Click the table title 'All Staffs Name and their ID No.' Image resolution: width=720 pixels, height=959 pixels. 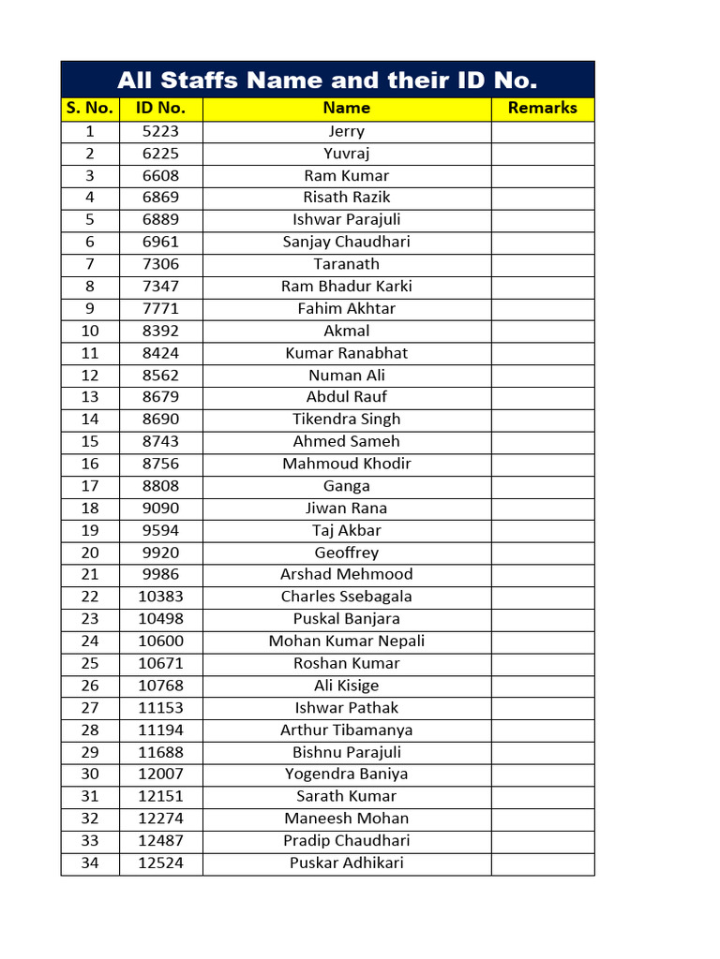(327, 80)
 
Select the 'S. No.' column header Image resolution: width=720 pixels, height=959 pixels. (90, 109)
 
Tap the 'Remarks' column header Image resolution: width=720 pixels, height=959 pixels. (542, 109)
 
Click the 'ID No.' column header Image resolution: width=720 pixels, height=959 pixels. (160, 109)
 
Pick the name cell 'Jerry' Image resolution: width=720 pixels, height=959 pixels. (346, 132)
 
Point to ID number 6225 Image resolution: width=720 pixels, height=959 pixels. (160, 154)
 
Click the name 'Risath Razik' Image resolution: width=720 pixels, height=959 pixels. (346, 198)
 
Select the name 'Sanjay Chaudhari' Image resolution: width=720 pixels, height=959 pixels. (346, 242)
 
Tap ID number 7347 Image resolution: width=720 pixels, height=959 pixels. (160, 287)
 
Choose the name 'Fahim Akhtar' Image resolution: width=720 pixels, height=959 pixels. (346, 309)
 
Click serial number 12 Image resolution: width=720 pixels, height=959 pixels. (90, 376)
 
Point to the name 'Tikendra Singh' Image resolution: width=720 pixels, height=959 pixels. (346, 420)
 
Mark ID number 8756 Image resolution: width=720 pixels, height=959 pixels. (160, 464)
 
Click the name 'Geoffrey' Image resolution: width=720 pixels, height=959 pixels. (346, 553)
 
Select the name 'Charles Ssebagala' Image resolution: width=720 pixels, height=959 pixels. (346, 597)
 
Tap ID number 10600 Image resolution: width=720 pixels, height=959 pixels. (160, 642)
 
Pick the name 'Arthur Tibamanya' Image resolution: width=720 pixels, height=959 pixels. (346, 730)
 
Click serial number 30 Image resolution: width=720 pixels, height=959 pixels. (90, 775)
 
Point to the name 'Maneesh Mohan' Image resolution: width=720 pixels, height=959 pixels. (346, 819)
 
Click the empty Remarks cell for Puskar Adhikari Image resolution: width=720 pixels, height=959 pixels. (542, 863)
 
